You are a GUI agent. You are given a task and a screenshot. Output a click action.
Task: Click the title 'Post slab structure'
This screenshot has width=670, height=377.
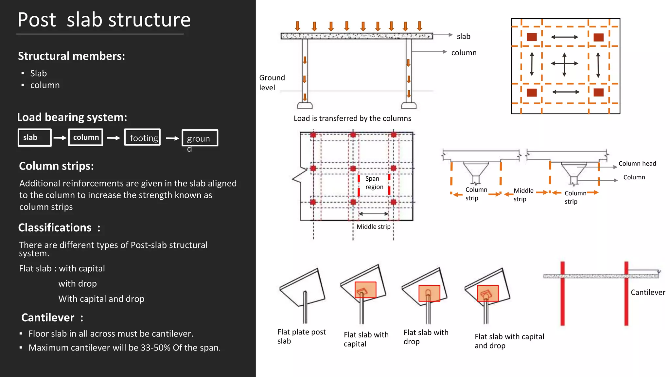coord(104,20)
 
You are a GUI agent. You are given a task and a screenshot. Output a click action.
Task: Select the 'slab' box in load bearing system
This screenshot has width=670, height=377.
coord(34,137)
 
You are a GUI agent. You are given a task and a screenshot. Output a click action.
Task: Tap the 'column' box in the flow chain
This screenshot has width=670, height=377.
coord(86,137)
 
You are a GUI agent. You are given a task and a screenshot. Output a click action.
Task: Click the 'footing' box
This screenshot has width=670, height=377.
coord(143,137)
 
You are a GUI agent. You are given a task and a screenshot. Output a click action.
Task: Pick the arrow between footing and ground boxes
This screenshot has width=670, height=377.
coord(172,138)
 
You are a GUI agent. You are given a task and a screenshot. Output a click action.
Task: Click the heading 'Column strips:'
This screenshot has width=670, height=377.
coord(56,166)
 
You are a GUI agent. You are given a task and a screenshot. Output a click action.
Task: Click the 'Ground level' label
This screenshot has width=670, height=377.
coord(272,82)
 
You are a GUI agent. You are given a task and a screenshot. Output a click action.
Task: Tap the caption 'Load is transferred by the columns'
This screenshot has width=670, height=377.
coord(352,118)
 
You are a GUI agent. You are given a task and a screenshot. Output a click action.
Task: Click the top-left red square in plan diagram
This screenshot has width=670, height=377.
coord(532,37)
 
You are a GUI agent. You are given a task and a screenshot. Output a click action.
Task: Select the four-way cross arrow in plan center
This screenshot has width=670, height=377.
coord(564,64)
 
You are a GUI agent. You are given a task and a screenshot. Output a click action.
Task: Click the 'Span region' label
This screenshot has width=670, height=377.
coord(374,183)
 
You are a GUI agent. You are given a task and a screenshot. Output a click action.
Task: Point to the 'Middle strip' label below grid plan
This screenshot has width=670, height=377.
coord(373,227)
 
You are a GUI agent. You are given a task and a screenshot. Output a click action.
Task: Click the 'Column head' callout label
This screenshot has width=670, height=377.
coord(637,164)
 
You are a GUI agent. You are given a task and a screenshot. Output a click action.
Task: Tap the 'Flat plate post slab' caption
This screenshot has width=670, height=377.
coord(301,336)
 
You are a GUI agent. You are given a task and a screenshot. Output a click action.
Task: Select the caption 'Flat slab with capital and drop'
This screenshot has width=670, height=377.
coord(509,341)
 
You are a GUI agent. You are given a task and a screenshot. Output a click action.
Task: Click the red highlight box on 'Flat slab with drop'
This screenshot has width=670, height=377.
coord(429,293)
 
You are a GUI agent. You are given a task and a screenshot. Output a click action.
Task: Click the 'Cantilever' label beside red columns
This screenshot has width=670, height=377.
coord(648,292)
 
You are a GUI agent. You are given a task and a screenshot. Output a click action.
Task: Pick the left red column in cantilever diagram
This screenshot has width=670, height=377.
coord(562,295)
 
